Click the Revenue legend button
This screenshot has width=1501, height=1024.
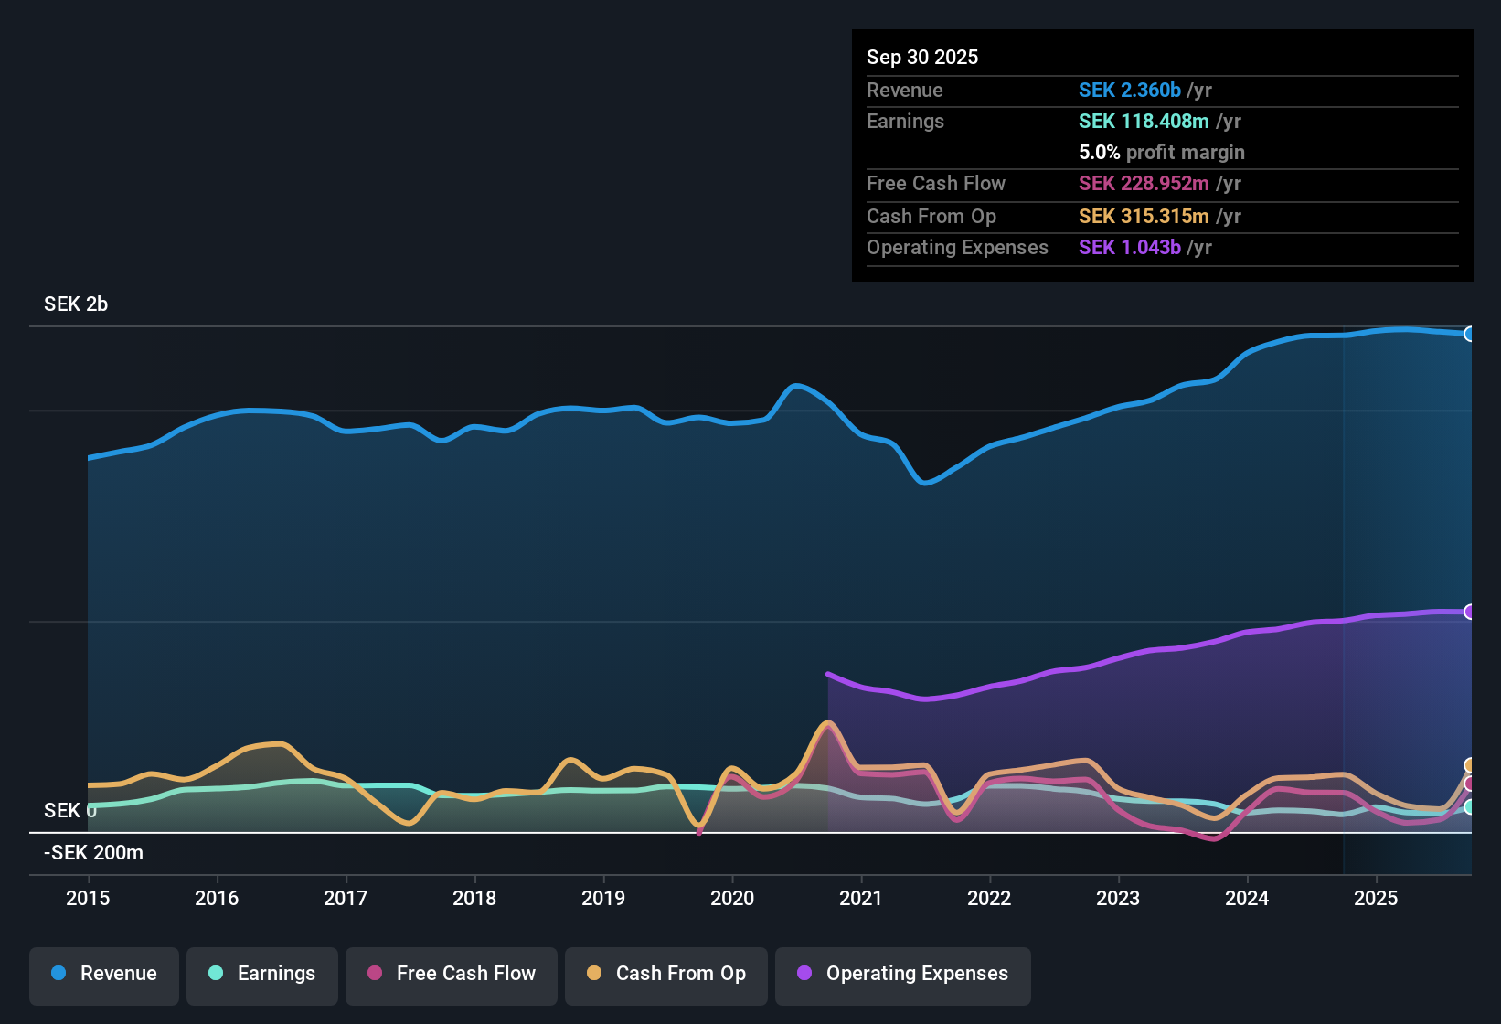pos(104,974)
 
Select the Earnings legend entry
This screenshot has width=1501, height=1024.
pos(262,974)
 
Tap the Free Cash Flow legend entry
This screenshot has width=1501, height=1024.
pos(452,974)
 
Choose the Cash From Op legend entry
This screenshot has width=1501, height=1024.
pos(666,974)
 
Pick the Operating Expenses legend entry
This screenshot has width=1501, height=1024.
pos(903,974)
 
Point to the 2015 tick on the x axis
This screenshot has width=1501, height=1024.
pos(88,898)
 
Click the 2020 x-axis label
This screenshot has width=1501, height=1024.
pos(732,898)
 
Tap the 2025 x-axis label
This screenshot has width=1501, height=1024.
pos(1376,898)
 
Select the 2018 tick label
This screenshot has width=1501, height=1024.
pos(474,898)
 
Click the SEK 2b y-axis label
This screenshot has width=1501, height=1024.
pos(76,304)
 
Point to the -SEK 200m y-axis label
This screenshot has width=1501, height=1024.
pos(93,853)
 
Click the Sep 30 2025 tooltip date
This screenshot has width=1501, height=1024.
pos(922,57)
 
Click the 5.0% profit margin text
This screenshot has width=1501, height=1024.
pos(1161,152)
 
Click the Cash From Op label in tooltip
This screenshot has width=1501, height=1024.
pos(931,216)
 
